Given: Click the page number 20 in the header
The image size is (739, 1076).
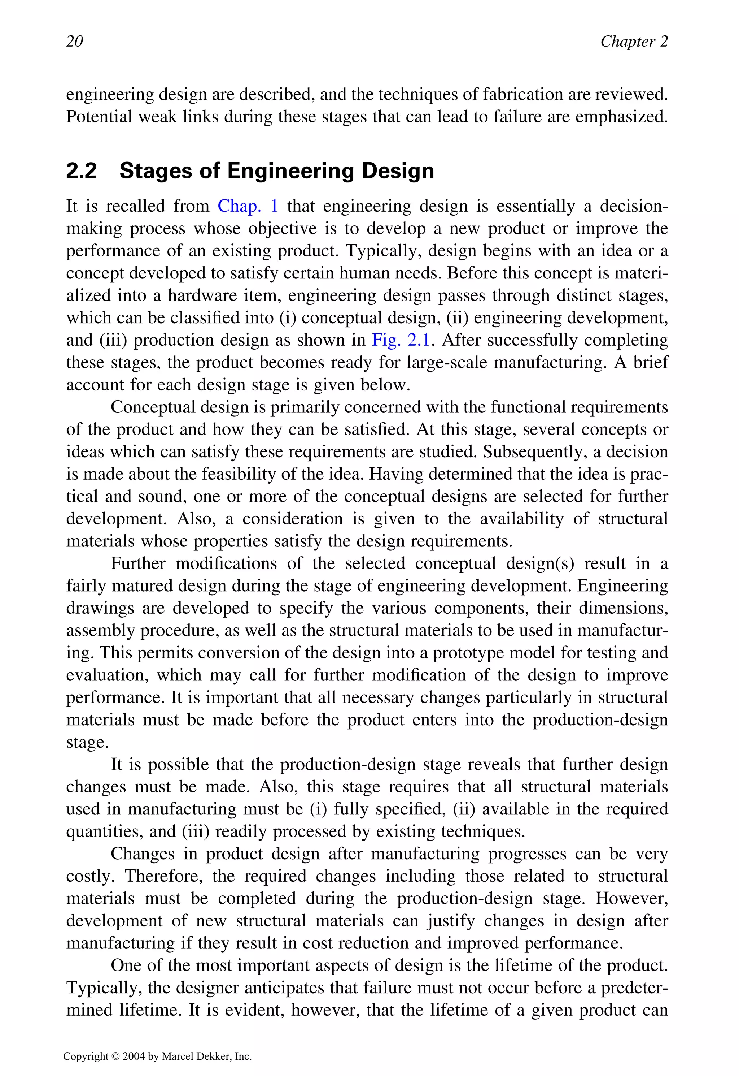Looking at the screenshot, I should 75,41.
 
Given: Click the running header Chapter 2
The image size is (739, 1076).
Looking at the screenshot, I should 634,41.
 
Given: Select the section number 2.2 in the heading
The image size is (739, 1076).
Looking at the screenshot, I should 82,171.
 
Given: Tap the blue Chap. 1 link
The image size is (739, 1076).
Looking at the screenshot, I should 248,206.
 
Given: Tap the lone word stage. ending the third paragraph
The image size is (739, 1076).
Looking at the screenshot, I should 87,742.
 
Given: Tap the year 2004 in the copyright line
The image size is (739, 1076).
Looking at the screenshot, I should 134,1056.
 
